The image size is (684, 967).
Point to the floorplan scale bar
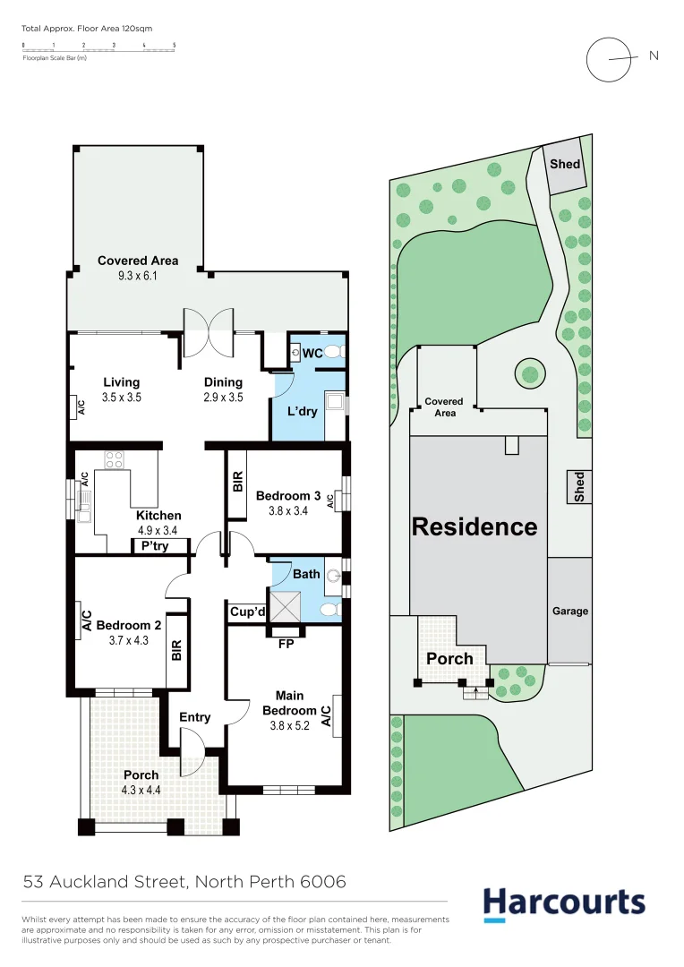point(98,48)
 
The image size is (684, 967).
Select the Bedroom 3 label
point(287,496)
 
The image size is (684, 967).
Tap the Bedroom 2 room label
point(128,625)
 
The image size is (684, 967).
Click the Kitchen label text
point(158,516)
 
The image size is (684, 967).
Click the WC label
point(312,354)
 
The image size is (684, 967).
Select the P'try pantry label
point(154,546)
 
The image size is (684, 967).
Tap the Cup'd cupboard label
point(246,612)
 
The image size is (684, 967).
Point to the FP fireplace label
point(287,643)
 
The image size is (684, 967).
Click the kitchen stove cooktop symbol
point(115,460)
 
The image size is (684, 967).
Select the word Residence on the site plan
point(475,526)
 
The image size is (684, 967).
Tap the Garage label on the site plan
point(569,612)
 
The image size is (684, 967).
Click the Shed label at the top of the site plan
point(565,164)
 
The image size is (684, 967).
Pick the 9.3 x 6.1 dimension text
point(138,277)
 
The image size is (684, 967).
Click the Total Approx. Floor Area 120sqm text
point(87,29)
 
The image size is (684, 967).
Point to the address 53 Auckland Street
point(184,882)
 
